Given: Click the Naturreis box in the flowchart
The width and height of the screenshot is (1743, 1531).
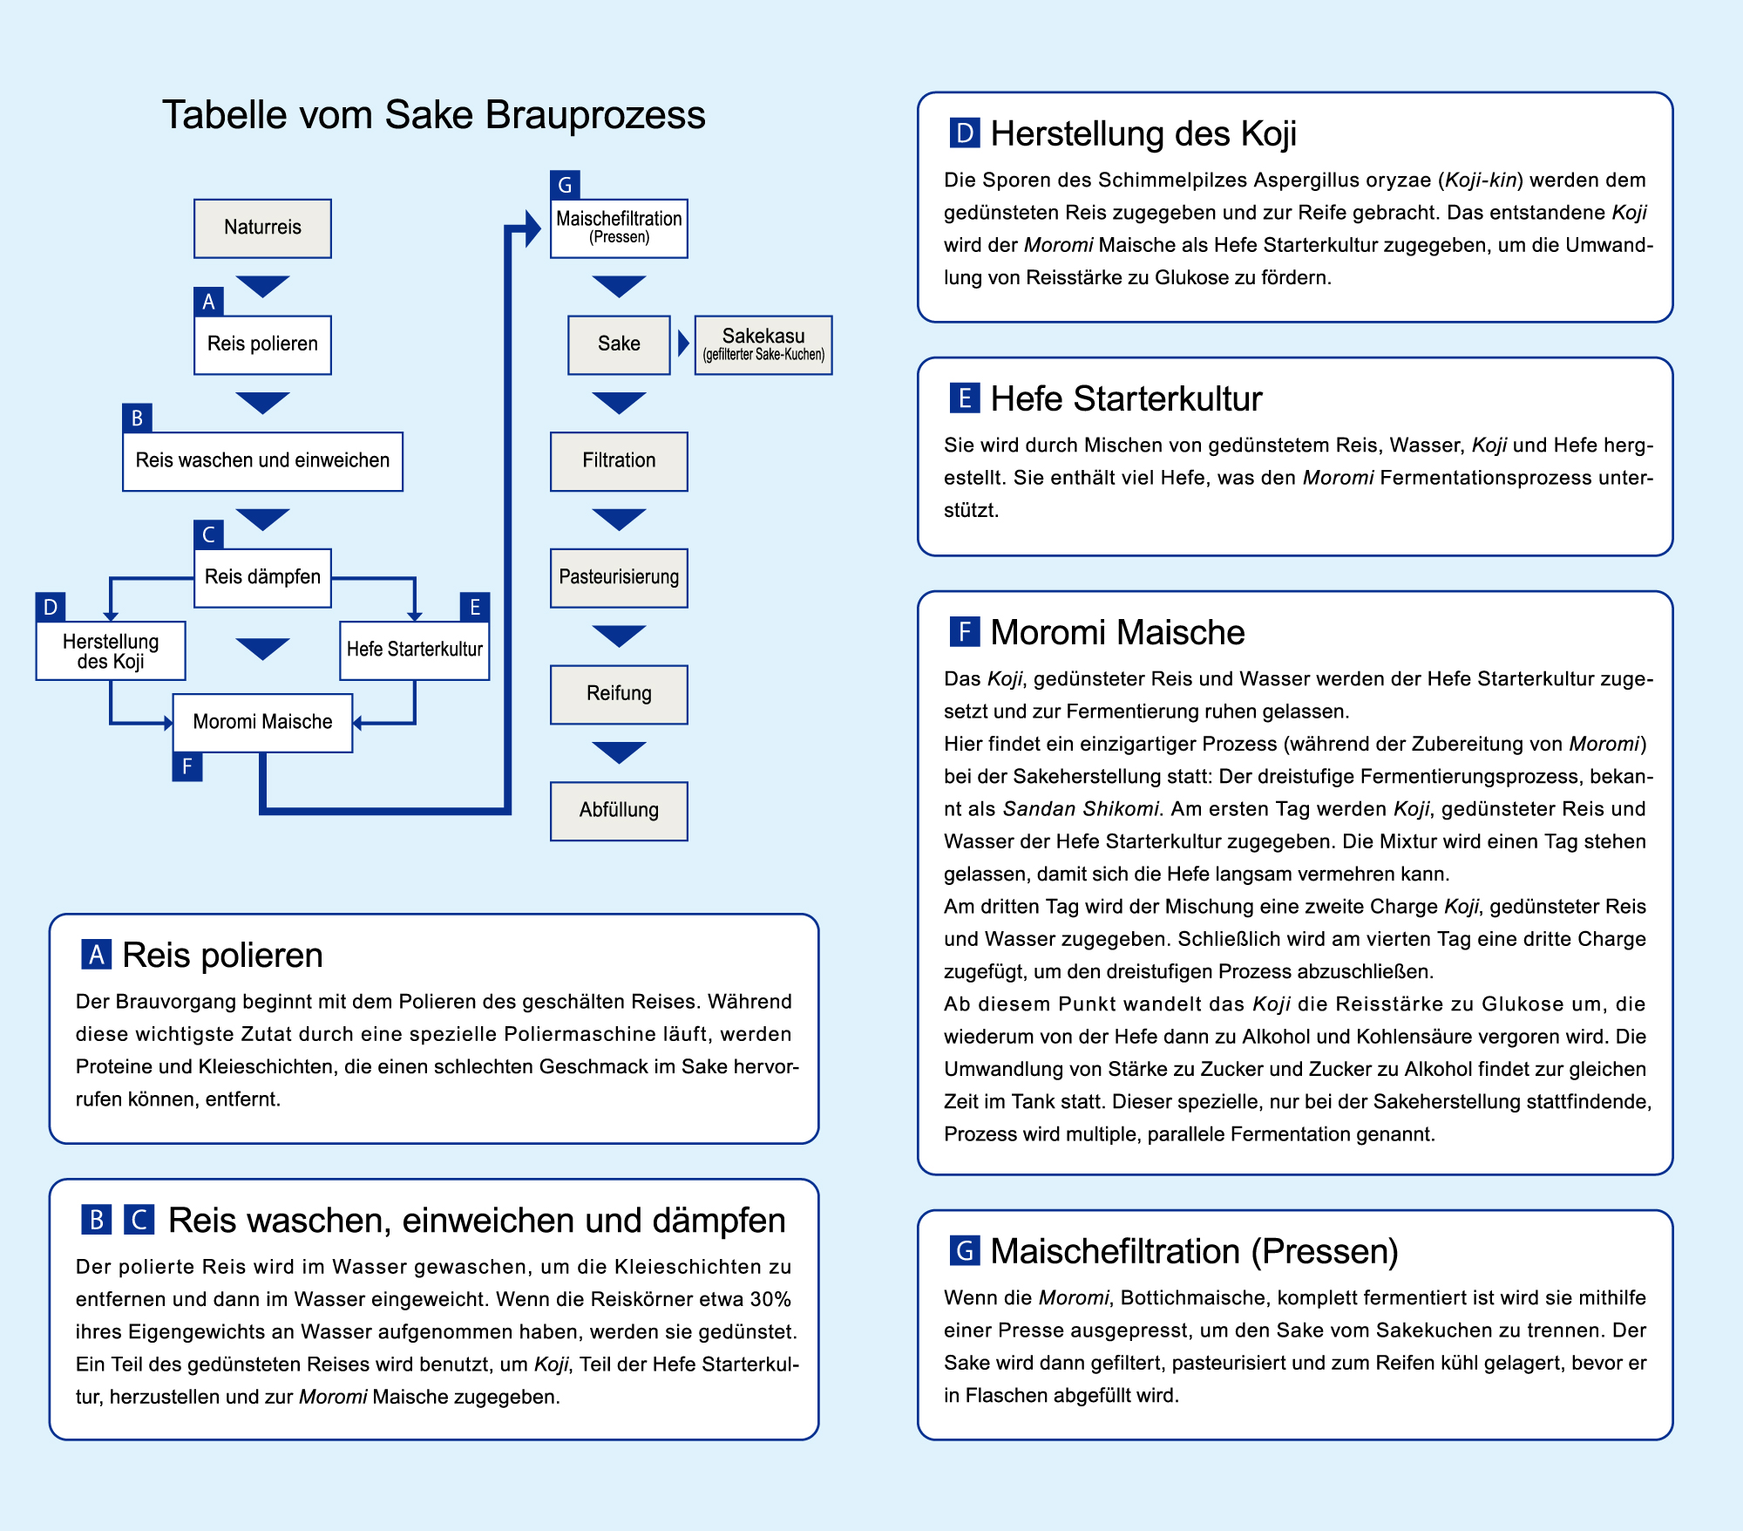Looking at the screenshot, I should coord(262,228).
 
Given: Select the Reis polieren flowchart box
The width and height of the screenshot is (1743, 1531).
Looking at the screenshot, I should coord(262,344).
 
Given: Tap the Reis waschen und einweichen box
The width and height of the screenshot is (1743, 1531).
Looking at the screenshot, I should coord(262,460).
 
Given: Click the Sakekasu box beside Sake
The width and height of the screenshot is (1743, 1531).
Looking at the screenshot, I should coord(763,344).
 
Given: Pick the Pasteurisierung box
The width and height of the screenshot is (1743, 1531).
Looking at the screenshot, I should coord(619,577).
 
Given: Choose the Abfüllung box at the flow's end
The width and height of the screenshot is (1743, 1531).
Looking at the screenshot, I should coord(619,810).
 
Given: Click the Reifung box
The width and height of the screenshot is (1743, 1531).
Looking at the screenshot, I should coord(619,694).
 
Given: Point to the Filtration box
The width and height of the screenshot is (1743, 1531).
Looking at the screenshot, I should coord(619,460).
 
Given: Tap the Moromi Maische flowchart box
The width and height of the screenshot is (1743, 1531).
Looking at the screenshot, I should coord(262,722).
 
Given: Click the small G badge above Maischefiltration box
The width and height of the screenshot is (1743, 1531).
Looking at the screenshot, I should coord(565,185).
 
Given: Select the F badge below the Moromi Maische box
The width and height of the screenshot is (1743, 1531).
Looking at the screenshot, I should coord(187,766).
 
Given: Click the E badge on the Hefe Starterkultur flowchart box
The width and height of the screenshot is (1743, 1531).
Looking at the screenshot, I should coord(475,607).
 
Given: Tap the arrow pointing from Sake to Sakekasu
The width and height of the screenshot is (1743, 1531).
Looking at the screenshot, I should coord(683,344).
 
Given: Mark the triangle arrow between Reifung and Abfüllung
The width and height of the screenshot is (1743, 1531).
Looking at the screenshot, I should coord(619,752).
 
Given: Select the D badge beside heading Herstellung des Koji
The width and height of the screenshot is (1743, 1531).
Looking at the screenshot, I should coord(965,133).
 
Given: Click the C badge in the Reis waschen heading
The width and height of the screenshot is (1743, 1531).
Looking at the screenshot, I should coord(139,1220).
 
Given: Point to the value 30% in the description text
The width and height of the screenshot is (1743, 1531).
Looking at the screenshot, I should coord(770,1299).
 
